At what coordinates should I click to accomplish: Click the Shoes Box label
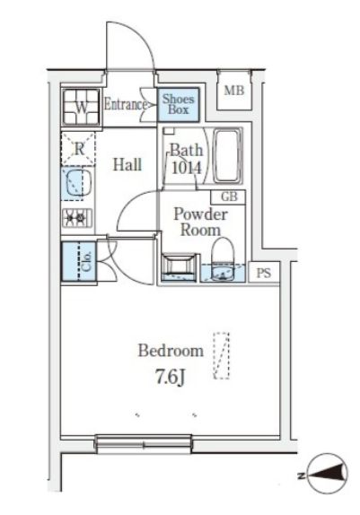178,104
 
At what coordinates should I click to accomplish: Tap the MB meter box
234,91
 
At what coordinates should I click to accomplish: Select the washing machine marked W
82,107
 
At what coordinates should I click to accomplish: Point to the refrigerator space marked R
78,149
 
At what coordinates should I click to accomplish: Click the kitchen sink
77,184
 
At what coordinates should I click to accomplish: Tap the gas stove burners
77,217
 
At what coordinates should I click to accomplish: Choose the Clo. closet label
87,262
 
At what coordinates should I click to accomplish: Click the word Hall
127,164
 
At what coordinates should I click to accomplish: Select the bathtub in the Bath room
227,155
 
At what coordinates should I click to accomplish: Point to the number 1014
186,168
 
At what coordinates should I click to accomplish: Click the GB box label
229,196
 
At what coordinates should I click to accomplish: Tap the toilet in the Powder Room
222,259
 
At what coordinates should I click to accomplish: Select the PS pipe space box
264,273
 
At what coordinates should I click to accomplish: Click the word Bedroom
171,351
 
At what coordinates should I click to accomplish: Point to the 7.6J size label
171,378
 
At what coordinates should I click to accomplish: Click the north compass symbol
328,474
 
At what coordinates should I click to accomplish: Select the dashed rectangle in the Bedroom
221,356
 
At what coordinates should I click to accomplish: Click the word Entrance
126,105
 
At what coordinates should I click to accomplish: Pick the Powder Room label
200,222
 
